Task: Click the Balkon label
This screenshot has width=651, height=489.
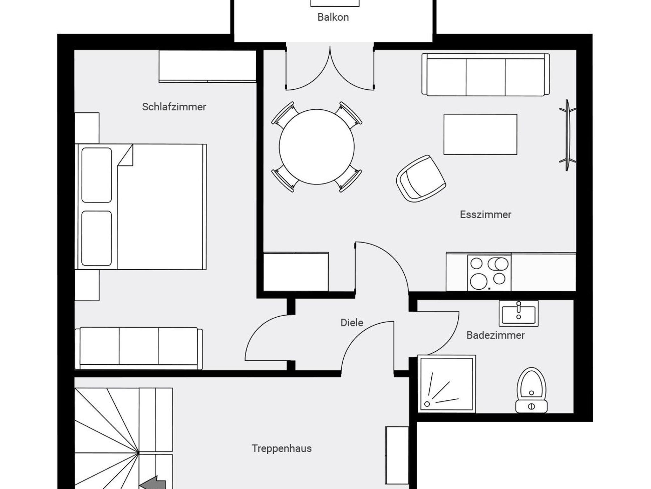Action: [x=333, y=17]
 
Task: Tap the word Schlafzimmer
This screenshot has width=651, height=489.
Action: [x=174, y=107]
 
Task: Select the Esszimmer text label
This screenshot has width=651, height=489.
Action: [x=485, y=215]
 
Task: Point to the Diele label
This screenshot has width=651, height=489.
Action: [x=352, y=323]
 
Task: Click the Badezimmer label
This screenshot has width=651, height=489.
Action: [x=496, y=335]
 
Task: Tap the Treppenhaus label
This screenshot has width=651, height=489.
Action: [x=282, y=448]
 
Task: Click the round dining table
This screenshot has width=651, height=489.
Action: [x=317, y=147]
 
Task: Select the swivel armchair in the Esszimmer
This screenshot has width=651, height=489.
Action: [x=421, y=179]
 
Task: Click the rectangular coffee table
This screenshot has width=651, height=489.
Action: [x=480, y=134]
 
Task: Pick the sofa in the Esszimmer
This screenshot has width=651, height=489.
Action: [x=485, y=74]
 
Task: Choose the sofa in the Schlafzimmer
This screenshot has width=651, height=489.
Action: [x=139, y=348]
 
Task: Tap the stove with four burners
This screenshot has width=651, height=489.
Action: [x=489, y=273]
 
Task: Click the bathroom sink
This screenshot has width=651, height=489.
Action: [x=518, y=313]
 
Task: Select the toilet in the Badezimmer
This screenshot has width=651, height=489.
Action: [x=531, y=390]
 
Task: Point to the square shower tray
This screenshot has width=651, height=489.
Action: [x=447, y=384]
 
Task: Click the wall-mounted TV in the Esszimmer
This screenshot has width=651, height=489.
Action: [x=567, y=135]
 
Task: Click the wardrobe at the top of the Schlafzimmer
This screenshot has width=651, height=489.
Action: [x=208, y=66]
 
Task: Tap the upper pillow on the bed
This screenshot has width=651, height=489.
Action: [x=97, y=175]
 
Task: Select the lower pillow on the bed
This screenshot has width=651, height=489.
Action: [x=97, y=238]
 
